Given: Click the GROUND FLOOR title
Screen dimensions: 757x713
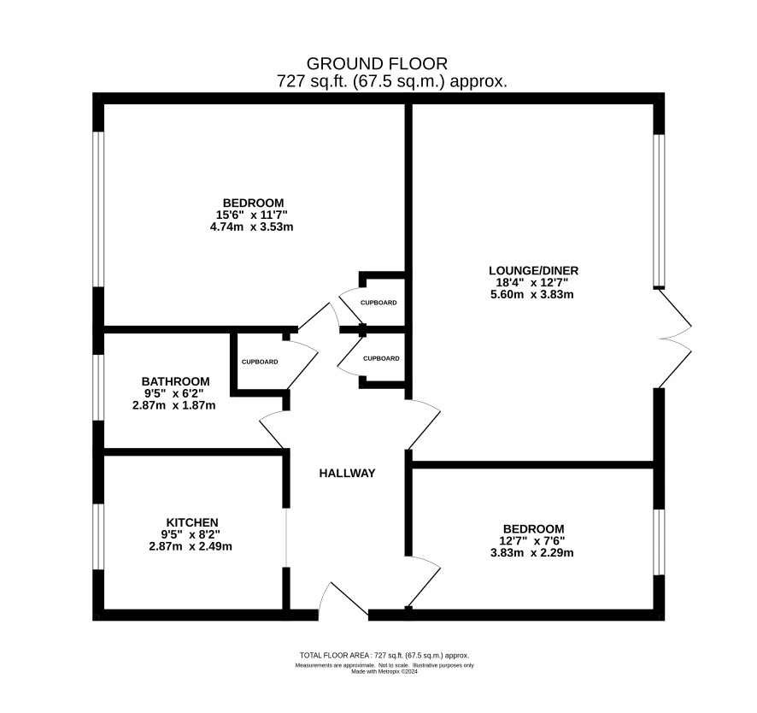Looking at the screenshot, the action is [x=377, y=63].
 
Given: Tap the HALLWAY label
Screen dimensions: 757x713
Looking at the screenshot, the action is [x=347, y=474].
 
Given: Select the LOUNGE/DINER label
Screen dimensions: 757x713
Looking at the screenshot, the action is [x=533, y=270].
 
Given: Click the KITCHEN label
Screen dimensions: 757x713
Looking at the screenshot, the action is [x=192, y=522].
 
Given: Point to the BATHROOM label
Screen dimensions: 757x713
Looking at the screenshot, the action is [x=176, y=381].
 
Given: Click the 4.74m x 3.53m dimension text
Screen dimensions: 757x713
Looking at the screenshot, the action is [x=251, y=227].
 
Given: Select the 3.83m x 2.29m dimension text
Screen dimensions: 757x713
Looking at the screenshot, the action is [x=532, y=552].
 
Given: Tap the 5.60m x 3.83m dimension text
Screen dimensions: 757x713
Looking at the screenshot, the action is [x=532, y=294].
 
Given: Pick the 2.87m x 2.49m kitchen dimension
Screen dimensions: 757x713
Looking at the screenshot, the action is [x=191, y=546].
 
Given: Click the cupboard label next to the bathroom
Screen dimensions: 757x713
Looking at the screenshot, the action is [x=260, y=362].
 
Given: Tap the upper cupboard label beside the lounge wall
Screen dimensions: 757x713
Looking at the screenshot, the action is [x=379, y=303].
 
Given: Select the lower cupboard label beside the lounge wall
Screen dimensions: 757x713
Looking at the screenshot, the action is [x=381, y=358].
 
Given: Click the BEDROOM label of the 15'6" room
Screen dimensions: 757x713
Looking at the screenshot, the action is [x=253, y=203].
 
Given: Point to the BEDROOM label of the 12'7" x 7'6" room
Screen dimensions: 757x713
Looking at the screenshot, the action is [x=533, y=529].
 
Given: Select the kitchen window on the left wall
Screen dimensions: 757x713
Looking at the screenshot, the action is [x=98, y=537].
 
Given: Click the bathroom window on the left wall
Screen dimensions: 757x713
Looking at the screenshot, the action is [x=98, y=387].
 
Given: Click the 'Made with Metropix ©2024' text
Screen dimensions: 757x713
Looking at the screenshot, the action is [x=384, y=671].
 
